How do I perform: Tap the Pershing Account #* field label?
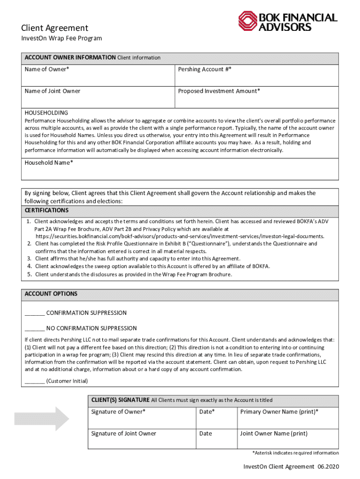pos(204,69)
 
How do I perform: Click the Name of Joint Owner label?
pos(52,91)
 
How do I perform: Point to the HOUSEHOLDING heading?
pos(46,113)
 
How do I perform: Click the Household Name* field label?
pos(49,162)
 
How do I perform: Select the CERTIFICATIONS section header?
pos(47,210)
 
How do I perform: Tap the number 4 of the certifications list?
pos(29,266)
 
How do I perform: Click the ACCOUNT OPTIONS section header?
pos(51,294)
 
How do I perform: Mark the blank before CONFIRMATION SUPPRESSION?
pos(35,313)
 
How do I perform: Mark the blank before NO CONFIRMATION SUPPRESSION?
pos(35,328)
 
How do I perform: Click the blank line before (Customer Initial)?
pos(35,381)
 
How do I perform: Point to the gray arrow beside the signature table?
pos(42,418)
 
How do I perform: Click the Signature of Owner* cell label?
pos(118,412)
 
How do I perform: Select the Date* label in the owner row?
pos(207,412)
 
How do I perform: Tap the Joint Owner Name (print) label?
pos(274,434)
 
